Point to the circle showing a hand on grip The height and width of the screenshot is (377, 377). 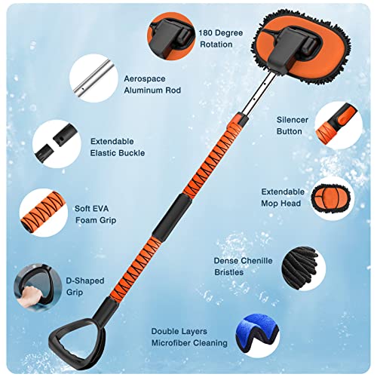(32, 285)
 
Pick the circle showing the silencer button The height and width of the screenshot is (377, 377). (337, 121)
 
